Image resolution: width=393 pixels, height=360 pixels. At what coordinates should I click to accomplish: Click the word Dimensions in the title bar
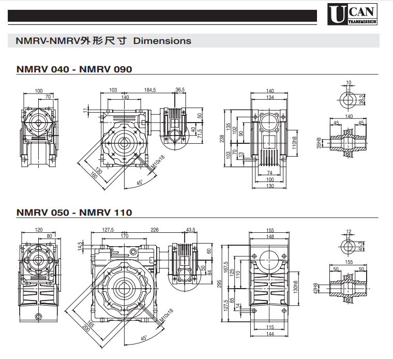tap(162, 41)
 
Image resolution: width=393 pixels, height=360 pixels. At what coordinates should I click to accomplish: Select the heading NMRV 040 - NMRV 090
tap(74, 69)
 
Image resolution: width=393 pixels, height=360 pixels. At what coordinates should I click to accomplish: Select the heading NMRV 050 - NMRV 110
tap(74, 212)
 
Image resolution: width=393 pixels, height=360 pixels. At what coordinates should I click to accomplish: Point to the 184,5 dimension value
tap(150, 90)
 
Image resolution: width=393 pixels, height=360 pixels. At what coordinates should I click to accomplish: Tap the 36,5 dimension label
tap(180, 90)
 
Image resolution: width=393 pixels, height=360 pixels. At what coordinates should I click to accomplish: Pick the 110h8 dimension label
tap(295, 141)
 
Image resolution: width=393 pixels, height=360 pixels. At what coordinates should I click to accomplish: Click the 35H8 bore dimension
tap(319, 143)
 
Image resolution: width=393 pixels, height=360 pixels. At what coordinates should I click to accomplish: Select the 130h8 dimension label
tap(296, 288)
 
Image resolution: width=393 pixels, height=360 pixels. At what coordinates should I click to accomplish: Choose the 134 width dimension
tap(269, 97)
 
